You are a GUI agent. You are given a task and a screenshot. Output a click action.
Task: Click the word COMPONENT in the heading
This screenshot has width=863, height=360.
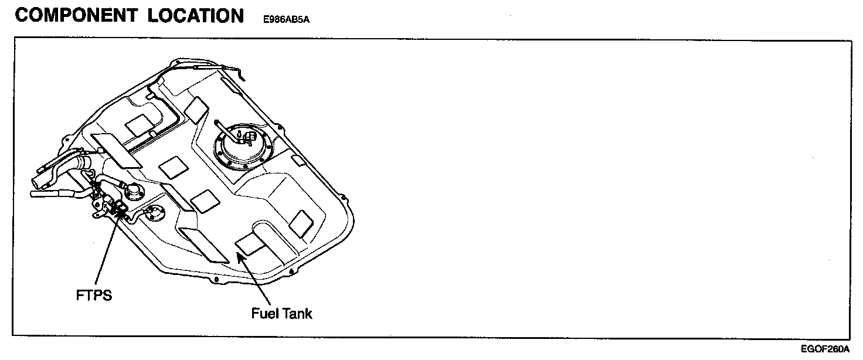tap(75, 16)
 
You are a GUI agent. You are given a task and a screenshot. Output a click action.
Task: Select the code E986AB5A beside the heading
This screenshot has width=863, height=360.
tap(282, 19)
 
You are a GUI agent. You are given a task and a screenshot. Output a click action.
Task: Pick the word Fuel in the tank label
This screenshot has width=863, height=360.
tap(264, 313)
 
